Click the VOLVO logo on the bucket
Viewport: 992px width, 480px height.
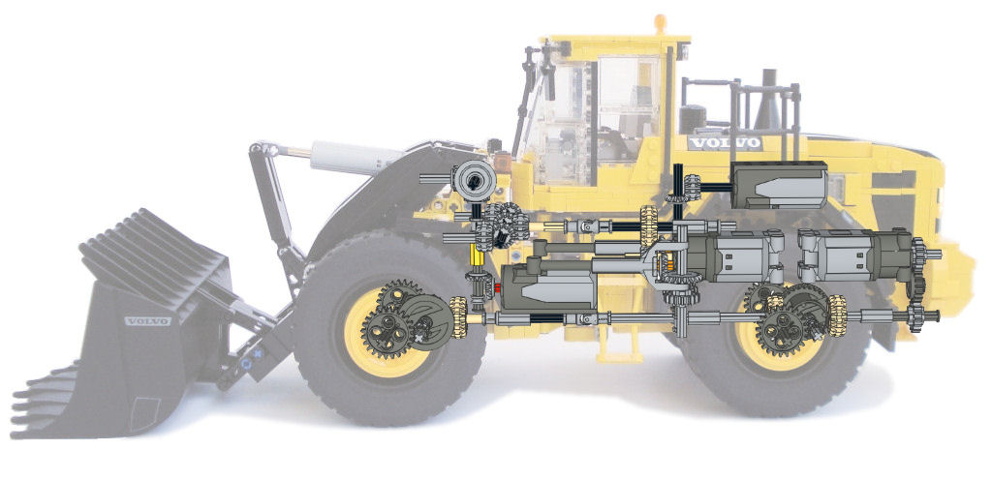147,321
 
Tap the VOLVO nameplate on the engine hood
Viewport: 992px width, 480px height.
725,143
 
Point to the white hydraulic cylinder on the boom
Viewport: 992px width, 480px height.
349,157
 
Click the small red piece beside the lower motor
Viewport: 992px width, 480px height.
497,288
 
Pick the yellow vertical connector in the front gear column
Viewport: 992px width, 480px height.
479,256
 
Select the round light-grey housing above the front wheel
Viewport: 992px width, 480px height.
474,181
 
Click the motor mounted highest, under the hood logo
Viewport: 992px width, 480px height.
779,185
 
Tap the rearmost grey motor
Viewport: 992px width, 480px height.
856,255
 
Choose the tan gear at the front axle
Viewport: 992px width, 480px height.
458,317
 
